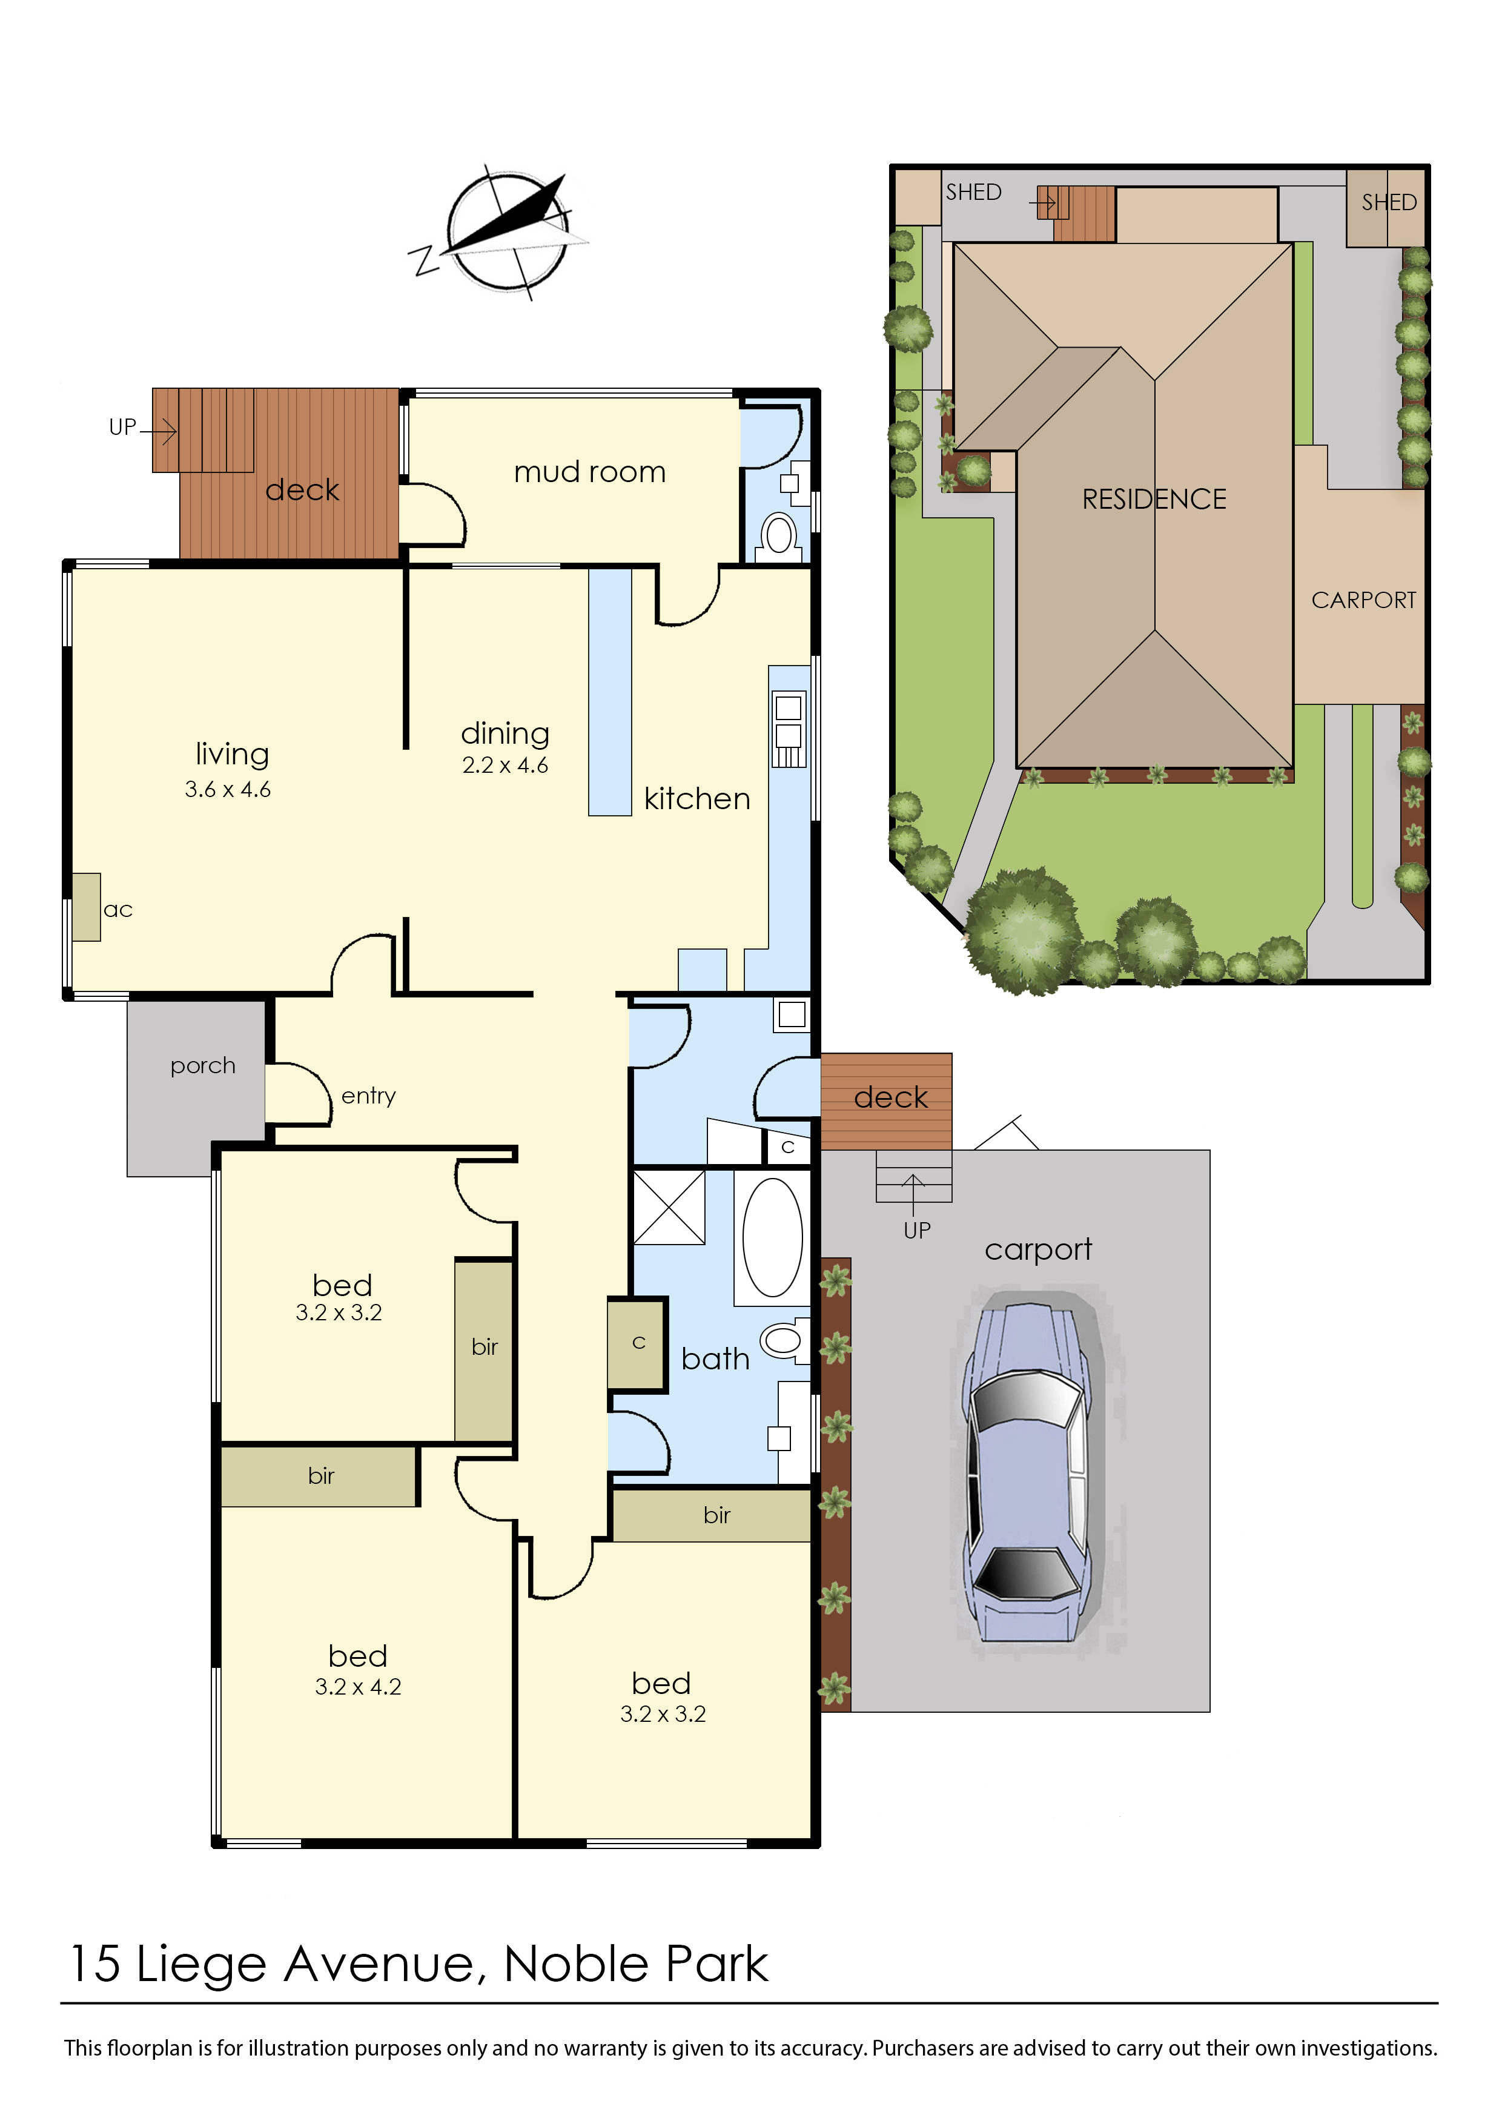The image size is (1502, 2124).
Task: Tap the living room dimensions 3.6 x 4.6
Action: click(x=228, y=789)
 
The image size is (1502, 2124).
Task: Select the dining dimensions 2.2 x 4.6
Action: click(x=505, y=765)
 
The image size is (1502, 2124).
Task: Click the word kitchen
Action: click(x=696, y=798)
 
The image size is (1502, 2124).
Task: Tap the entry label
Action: click(x=368, y=1096)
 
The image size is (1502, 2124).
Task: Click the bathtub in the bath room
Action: click(x=772, y=1237)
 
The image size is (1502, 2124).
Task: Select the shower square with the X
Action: click(x=669, y=1207)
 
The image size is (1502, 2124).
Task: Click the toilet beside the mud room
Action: click(x=779, y=535)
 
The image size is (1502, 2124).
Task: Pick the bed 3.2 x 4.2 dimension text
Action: click(x=358, y=1687)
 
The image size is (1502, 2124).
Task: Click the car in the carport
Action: click(x=1027, y=1471)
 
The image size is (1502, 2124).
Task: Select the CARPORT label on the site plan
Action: click(x=1363, y=600)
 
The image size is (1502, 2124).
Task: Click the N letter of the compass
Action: click(x=425, y=261)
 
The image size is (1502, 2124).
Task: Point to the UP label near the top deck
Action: click(x=122, y=428)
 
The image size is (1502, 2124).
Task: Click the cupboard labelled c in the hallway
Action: click(x=637, y=1343)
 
